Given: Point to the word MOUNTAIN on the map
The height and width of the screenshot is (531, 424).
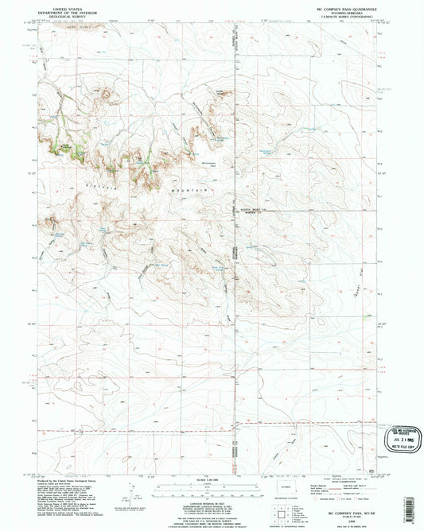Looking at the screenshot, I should (x=190, y=191).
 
